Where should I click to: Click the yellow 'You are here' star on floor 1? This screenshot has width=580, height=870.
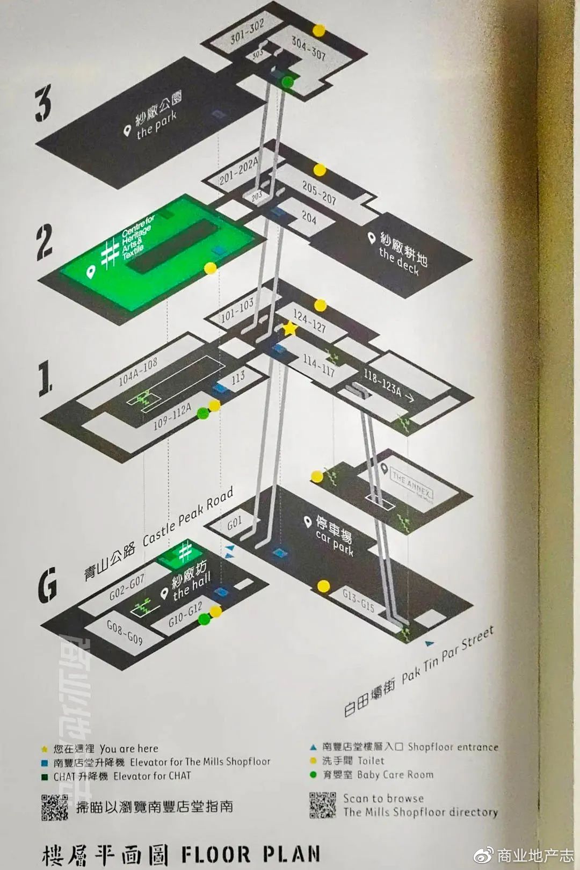coord(289,329)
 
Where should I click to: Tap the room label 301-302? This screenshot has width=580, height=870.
coord(247,33)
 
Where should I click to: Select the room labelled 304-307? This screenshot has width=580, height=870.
coord(308,48)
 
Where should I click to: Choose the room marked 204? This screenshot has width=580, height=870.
coord(309,217)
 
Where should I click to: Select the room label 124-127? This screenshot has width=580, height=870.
coord(309,321)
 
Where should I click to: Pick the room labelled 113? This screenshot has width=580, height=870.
coord(238,378)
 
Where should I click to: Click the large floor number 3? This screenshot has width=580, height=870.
coord(44,105)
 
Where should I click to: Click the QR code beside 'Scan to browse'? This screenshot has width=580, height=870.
coord(322,805)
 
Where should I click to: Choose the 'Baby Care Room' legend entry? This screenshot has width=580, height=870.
coord(378,774)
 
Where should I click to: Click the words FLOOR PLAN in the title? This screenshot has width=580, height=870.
coord(251,854)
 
